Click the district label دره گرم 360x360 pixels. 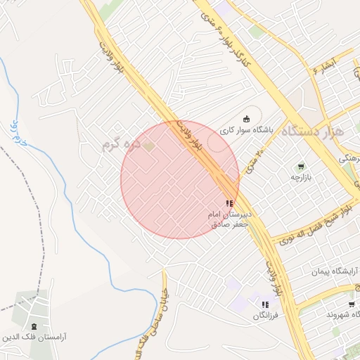point(117,143)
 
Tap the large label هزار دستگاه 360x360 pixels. point(311,131)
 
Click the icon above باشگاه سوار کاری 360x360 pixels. point(245,118)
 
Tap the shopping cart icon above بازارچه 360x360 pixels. point(301,167)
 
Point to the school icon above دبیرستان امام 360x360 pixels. point(229,203)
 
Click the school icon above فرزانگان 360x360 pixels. point(264,304)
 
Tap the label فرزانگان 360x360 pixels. point(266,316)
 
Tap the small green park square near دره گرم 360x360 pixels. point(149,146)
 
